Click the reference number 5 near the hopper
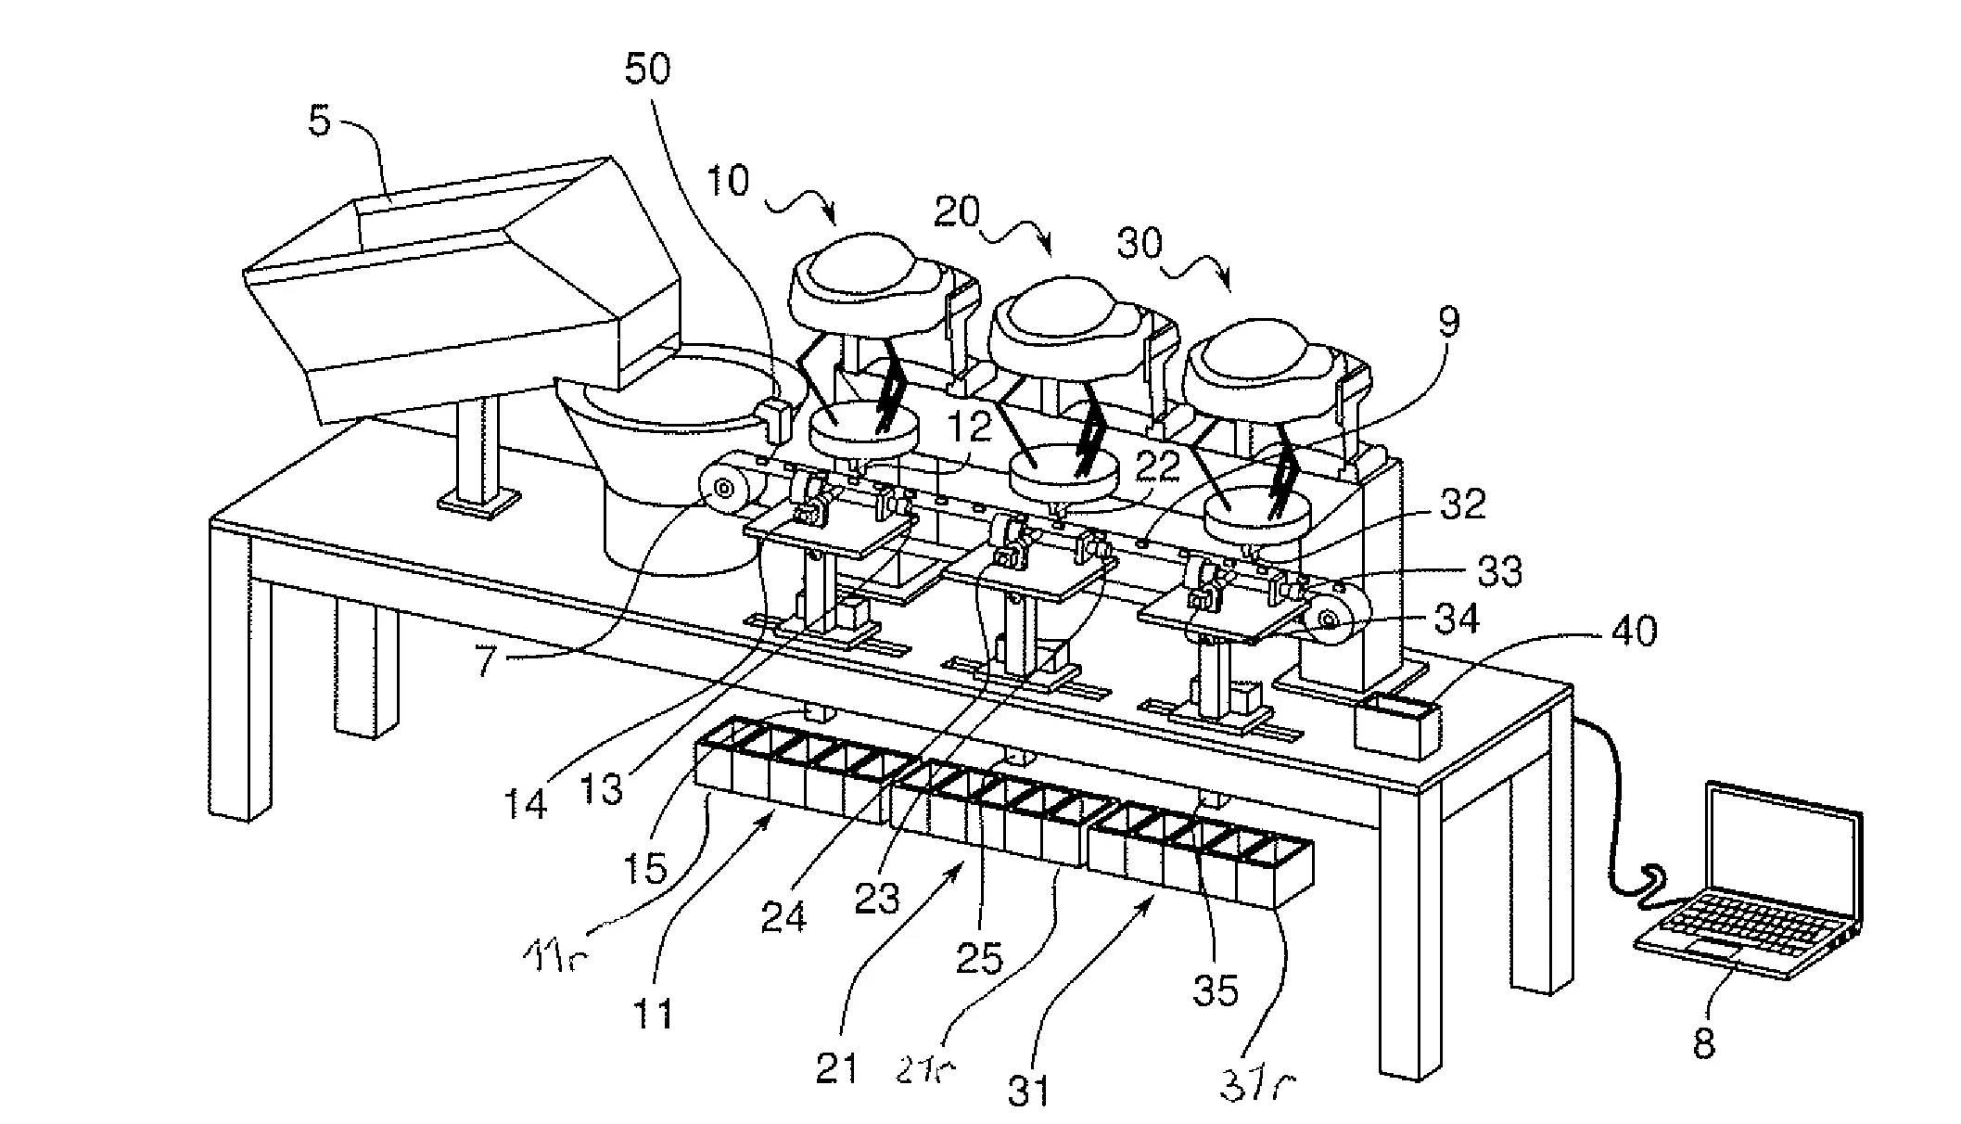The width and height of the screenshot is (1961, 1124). pyautogui.click(x=319, y=122)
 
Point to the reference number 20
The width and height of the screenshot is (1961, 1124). pyautogui.click(x=956, y=213)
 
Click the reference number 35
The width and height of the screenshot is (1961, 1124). pyautogui.click(x=1216, y=991)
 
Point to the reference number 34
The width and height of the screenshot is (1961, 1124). pyautogui.click(x=1457, y=619)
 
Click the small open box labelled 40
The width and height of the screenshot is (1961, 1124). pyautogui.click(x=1397, y=724)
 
